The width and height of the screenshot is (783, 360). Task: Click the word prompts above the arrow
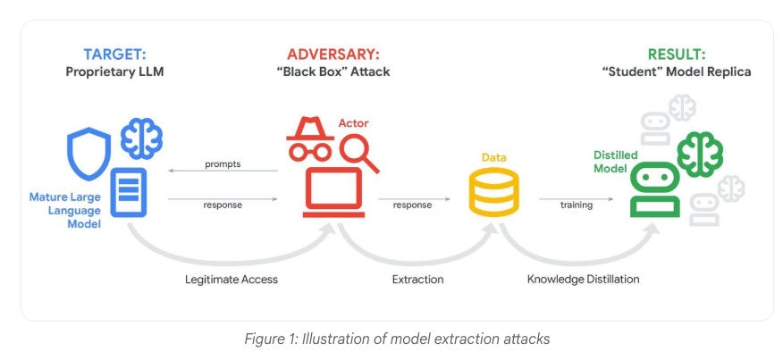(x=223, y=164)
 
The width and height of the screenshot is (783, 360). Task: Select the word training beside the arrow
(x=577, y=205)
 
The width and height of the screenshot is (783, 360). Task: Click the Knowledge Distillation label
(x=582, y=280)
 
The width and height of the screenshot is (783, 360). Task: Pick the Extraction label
(x=417, y=280)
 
